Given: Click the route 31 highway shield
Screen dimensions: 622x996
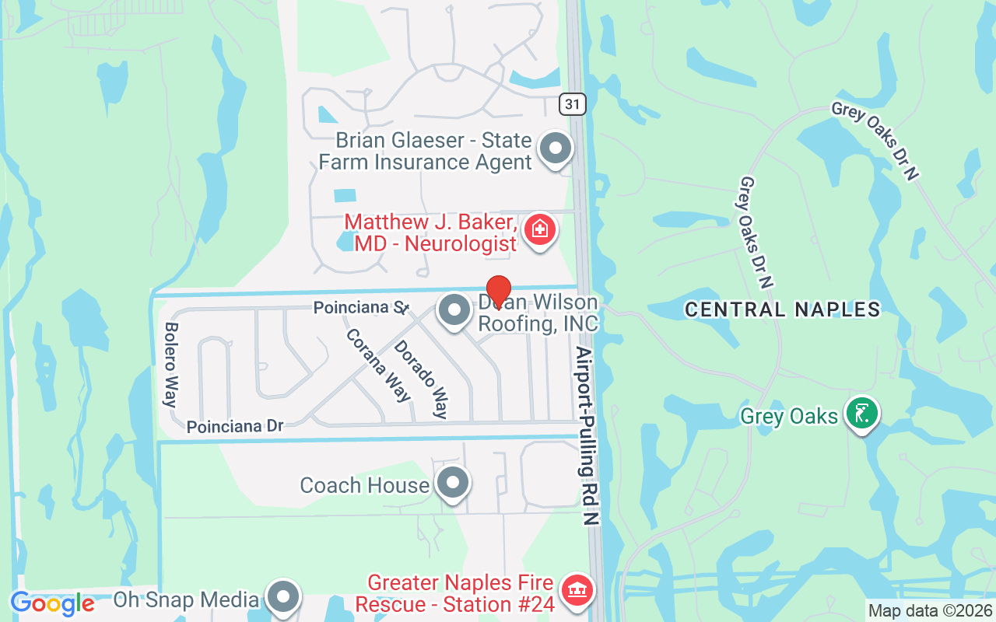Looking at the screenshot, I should (x=572, y=103).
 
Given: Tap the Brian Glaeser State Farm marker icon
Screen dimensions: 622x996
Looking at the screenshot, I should (x=556, y=148).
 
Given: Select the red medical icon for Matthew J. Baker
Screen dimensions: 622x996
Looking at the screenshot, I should (x=538, y=229).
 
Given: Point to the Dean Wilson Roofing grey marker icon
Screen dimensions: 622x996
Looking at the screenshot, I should (x=454, y=311).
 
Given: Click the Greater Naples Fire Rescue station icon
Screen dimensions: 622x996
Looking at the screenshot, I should (x=577, y=590).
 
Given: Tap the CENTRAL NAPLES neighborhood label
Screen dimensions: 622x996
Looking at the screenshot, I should (x=782, y=309).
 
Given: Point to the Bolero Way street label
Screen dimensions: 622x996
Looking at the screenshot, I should (x=170, y=365).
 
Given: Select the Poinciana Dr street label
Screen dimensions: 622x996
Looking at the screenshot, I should (x=234, y=426).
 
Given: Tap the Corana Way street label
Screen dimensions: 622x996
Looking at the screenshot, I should (x=378, y=365).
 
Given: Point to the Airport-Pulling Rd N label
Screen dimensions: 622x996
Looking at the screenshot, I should (x=587, y=435).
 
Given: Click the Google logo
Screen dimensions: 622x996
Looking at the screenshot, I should (x=52, y=603).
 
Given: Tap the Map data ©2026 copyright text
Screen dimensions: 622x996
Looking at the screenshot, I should (x=930, y=611).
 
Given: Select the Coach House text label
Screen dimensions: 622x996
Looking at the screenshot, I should (x=364, y=485).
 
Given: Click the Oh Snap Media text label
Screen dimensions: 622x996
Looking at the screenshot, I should (x=186, y=599).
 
